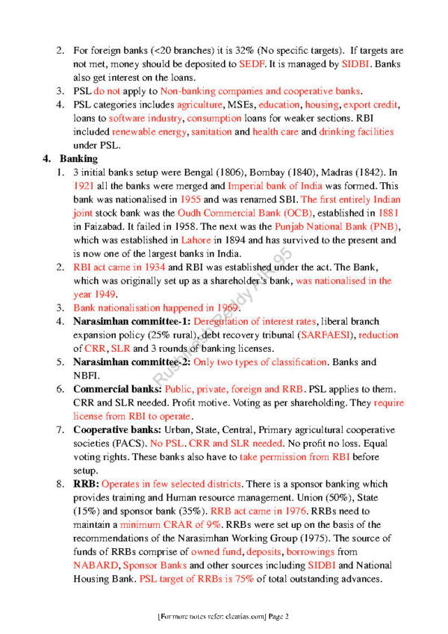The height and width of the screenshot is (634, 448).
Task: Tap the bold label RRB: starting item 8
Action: (85, 483)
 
